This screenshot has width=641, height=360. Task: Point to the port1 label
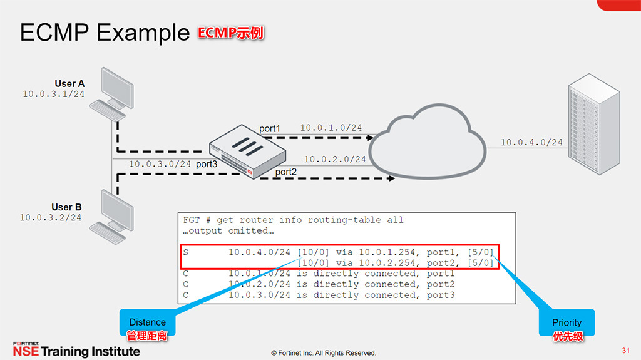pos(270,128)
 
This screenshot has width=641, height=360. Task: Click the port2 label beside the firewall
pos(286,172)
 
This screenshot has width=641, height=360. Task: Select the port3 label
pos(207,164)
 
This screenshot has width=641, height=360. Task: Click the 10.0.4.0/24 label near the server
pos(531,143)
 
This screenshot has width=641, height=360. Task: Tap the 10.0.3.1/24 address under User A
pos(53,94)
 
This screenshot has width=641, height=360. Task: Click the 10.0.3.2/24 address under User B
pos(50,218)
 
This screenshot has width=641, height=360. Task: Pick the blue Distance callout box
pos(147,322)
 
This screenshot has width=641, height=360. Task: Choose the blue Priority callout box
pos(567,323)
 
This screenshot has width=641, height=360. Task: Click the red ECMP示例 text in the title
pos(231,33)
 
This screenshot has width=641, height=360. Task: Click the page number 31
pos(625,349)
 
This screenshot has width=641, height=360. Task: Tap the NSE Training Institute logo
pos(76,349)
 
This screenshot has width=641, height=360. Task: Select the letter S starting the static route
pos(186,252)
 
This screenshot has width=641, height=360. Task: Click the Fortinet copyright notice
pos(324,353)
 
